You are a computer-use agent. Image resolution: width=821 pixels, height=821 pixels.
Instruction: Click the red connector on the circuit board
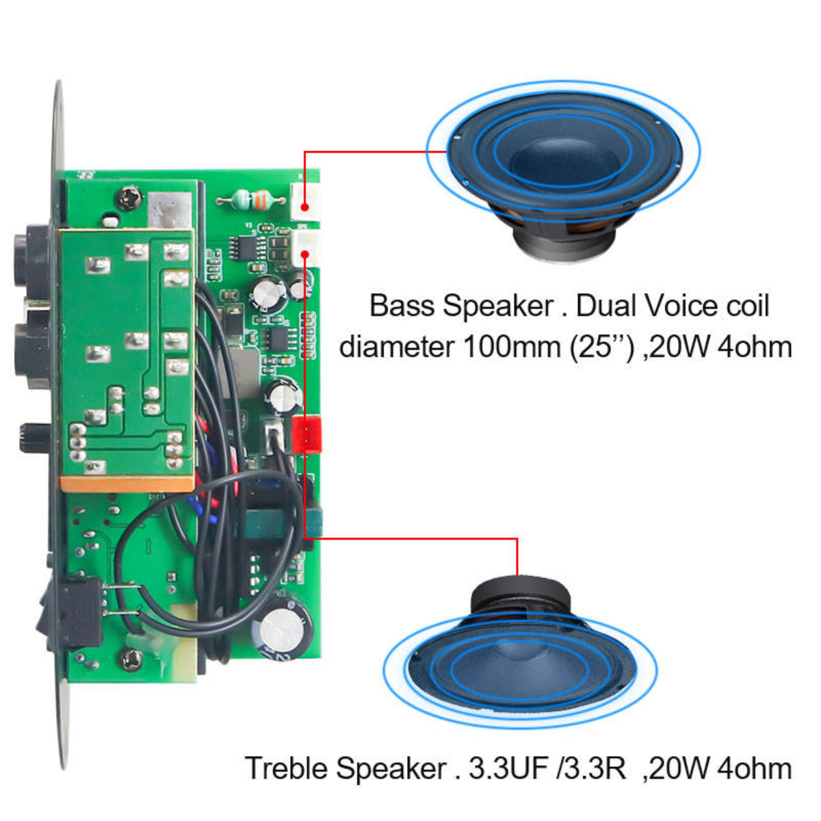coord(307,434)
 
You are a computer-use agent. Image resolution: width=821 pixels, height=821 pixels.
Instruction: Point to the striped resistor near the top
coord(250,200)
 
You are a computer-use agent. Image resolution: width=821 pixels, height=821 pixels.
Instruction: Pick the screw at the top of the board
coord(129,199)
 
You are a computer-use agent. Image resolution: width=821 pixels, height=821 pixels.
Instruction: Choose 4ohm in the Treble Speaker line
coord(755,768)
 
